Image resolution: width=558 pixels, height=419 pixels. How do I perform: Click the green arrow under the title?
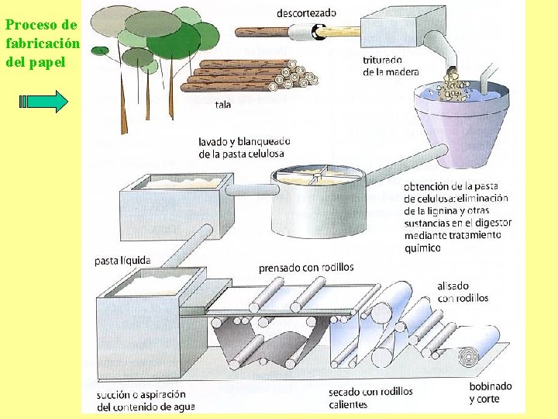pyautogui.click(x=43, y=102)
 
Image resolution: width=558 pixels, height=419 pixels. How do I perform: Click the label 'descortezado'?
pyautogui.click(x=306, y=12)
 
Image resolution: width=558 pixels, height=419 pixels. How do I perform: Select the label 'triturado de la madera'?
pyautogui.click(x=390, y=66)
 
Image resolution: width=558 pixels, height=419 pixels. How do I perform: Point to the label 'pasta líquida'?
pyautogui.click(x=122, y=261)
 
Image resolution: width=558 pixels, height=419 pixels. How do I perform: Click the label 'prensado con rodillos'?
pyautogui.click(x=306, y=268)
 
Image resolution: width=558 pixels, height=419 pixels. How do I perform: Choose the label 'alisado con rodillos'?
pyautogui.click(x=463, y=292)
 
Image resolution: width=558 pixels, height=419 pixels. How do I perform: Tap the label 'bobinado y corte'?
pyautogui.click(x=490, y=393)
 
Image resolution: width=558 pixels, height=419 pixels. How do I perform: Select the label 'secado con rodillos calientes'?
pyautogui.click(x=370, y=398)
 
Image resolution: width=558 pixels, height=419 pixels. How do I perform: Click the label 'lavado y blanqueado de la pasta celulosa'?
pyautogui.click(x=244, y=147)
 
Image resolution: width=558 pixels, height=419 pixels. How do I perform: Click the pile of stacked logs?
pyautogui.click(x=248, y=76)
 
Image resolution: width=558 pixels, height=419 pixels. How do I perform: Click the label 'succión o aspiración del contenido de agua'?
pyautogui.click(x=146, y=400)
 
